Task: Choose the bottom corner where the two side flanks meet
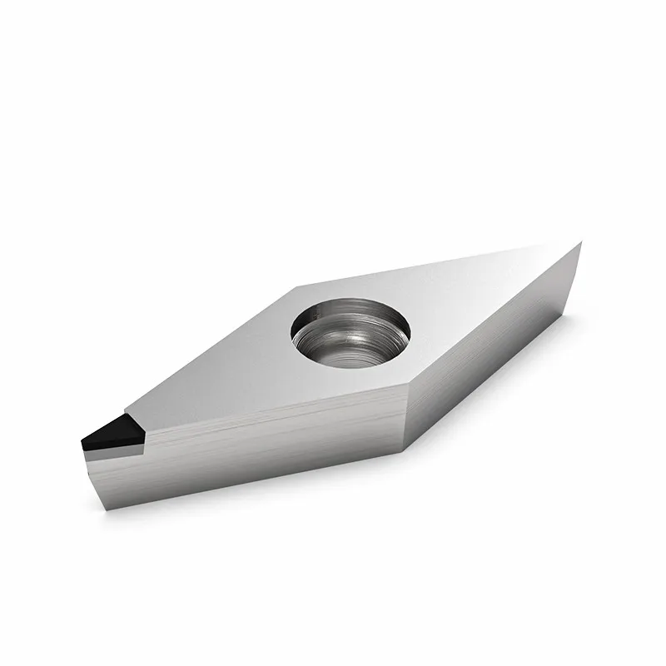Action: (x=404, y=450)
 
